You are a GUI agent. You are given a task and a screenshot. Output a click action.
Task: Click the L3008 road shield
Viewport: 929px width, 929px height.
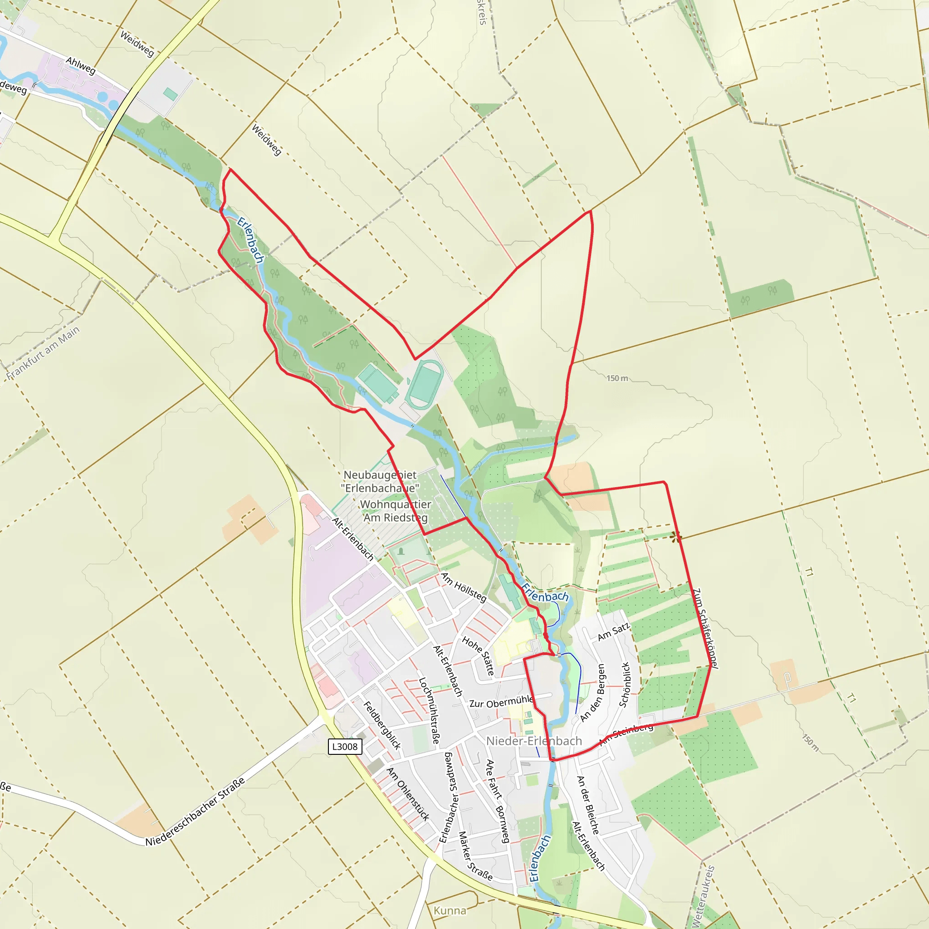[x=345, y=746]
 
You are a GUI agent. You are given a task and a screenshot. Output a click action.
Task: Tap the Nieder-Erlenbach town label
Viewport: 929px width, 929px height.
[x=534, y=741]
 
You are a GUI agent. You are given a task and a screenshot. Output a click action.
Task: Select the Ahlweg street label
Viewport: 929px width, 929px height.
[x=81, y=65]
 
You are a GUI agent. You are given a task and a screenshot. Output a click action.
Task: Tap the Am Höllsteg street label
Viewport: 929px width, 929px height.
[x=464, y=587]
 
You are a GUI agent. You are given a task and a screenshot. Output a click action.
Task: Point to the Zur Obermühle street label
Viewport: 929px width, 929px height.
[x=501, y=702]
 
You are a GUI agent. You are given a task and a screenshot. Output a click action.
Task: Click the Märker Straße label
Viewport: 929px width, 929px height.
[x=475, y=856]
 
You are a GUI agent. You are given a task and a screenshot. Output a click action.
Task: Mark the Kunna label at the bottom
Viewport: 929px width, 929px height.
[x=450, y=911]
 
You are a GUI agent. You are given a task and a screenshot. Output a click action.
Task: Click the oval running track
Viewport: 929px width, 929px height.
[x=425, y=385]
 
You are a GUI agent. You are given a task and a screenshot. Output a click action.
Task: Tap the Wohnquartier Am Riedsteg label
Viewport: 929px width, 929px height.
[x=395, y=511]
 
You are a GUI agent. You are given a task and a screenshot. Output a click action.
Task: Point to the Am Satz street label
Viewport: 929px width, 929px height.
[x=613, y=632]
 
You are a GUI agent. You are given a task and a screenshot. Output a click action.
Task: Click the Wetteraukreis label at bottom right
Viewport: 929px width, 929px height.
[x=703, y=897]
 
